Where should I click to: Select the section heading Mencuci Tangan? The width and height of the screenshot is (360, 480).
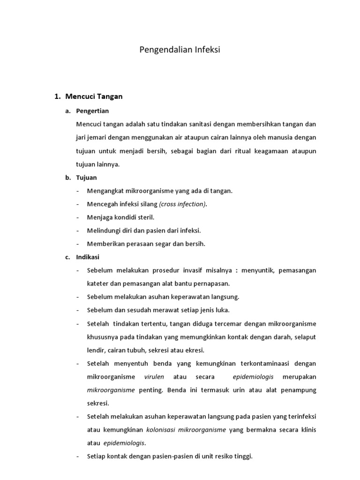click(x=94, y=97)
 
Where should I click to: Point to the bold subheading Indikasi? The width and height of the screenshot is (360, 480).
click(x=88, y=257)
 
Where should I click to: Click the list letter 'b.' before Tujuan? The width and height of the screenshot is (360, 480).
click(x=68, y=178)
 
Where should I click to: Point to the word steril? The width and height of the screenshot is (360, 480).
click(x=144, y=217)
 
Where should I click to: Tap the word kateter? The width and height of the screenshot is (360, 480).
click(x=97, y=284)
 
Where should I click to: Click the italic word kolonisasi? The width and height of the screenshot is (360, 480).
click(x=163, y=429)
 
